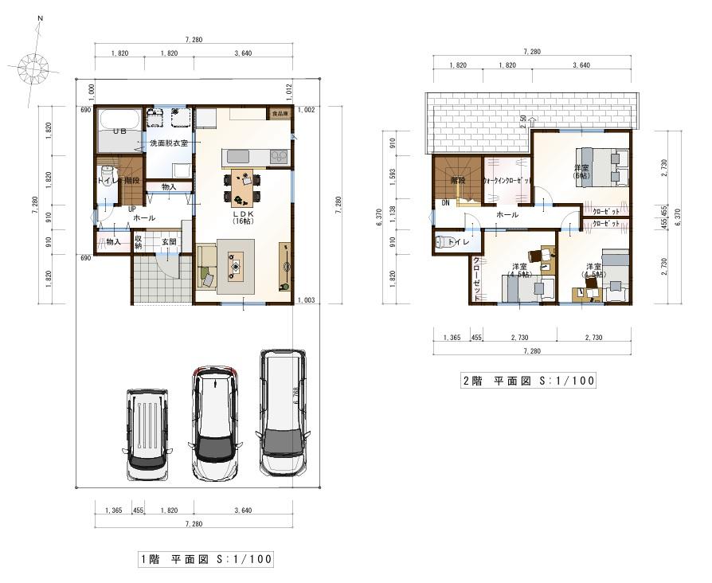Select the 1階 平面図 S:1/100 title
click(x=205, y=560)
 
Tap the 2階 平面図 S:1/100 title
click(x=528, y=381)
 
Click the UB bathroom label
click(x=119, y=131)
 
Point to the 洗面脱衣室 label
click(x=169, y=143)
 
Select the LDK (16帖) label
click(x=242, y=217)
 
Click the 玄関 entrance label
click(x=169, y=241)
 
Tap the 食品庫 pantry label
click(x=280, y=115)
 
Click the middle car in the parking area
click(x=214, y=423)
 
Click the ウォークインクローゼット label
click(x=507, y=182)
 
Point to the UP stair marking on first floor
click(x=132, y=209)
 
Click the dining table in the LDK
click(x=244, y=188)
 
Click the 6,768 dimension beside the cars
click(x=295, y=398)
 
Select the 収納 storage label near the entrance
click(x=139, y=241)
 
